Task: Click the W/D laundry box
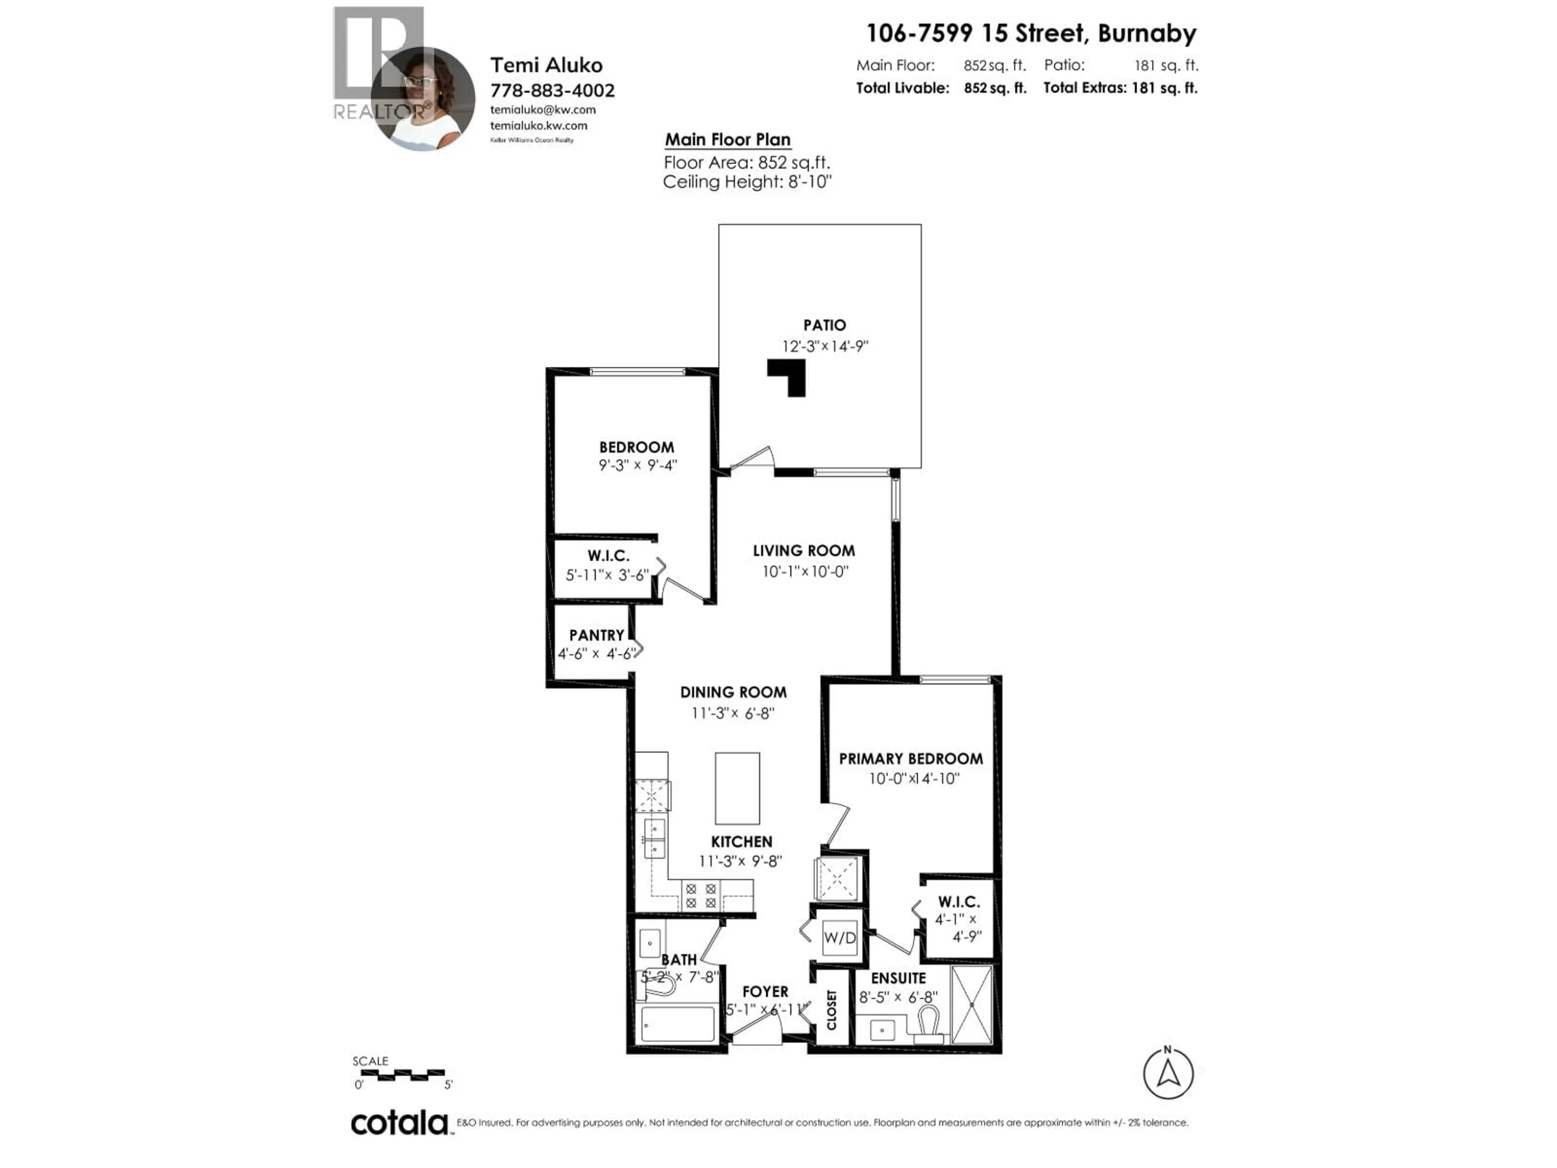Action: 840,938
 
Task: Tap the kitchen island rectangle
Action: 737,788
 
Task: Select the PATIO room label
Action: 824,325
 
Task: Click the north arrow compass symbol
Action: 1168,1074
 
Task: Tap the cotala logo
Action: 399,1123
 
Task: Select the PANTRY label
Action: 596,635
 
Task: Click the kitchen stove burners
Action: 700,895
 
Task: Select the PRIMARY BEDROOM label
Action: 910,759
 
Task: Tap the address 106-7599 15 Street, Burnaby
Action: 1030,33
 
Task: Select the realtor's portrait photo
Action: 423,99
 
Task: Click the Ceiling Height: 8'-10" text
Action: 747,182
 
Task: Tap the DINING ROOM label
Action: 733,692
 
